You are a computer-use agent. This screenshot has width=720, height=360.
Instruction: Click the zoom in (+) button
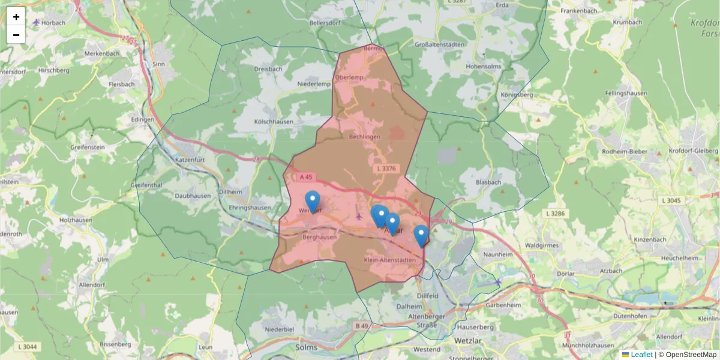coord(16,17)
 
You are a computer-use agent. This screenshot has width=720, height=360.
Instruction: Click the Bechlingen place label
coord(365,137)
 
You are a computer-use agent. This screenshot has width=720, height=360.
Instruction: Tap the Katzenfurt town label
coord(190,161)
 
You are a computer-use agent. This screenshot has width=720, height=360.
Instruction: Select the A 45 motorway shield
coord(306,177)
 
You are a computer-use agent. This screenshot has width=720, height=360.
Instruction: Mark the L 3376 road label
coord(388,170)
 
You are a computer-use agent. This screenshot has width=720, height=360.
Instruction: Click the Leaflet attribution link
coord(641,355)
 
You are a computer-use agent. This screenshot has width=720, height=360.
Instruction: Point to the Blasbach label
coord(487,182)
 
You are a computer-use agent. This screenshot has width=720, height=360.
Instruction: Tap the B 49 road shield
coord(361,326)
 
